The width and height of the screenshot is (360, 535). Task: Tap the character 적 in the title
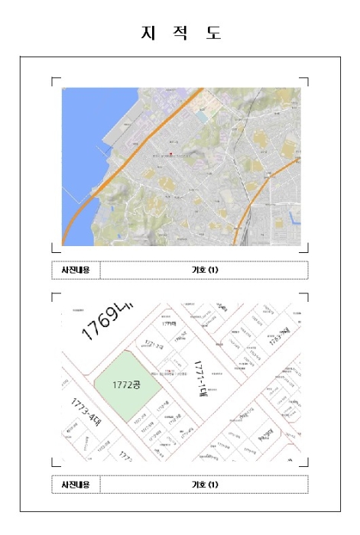point(180,33)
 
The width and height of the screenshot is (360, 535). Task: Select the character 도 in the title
point(213,33)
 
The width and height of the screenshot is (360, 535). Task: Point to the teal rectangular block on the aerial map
point(201,115)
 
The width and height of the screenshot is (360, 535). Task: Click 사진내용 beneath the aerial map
point(76,270)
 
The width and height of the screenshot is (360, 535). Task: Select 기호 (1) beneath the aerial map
point(204,270)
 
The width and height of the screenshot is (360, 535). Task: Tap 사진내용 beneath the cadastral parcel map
point(76,484)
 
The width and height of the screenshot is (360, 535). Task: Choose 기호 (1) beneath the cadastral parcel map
point(204,484)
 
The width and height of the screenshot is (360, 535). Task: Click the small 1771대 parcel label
point(169,324)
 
